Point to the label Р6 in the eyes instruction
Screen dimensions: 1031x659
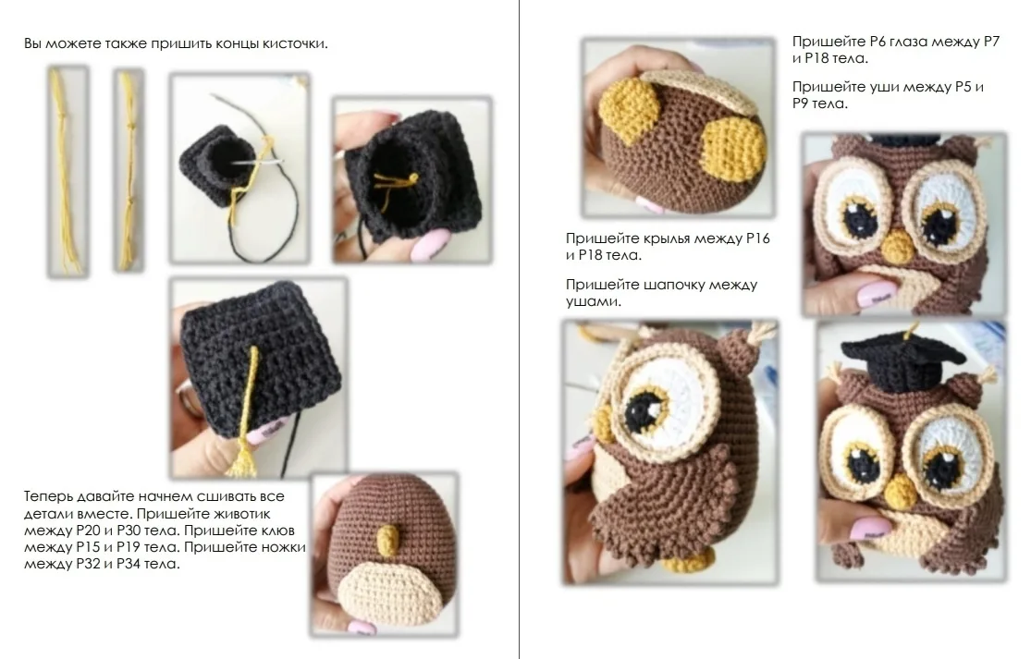point(878,42)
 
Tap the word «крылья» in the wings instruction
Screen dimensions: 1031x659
point(667,238)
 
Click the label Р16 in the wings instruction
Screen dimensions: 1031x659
point(757,238)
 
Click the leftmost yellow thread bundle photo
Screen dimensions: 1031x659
point(68,171)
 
